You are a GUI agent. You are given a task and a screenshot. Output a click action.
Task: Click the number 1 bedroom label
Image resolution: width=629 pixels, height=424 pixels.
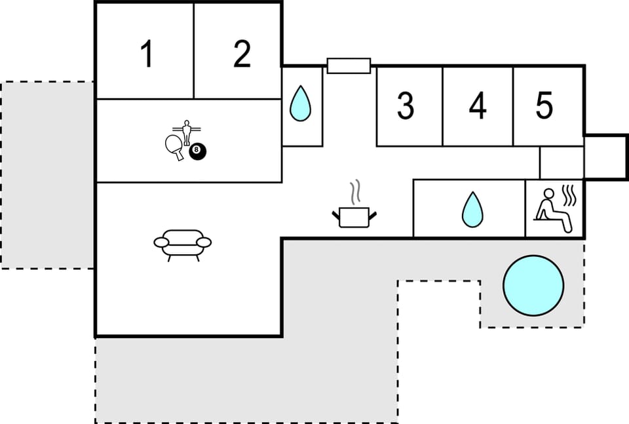click(147, 54)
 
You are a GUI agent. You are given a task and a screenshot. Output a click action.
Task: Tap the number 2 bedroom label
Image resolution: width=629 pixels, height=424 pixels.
click(242, 54)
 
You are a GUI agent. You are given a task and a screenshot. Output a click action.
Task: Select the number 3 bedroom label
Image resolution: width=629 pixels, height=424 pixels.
click(406, 106)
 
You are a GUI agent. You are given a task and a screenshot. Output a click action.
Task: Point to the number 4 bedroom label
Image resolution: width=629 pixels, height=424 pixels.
click(478, 106)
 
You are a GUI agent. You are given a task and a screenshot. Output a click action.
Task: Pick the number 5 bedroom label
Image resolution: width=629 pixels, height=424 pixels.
click(544, 105)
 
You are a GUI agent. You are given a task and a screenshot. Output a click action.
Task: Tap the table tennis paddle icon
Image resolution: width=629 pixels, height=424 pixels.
click(174, 146)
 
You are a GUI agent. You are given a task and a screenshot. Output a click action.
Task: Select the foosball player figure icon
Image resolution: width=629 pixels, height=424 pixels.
click(187, 132)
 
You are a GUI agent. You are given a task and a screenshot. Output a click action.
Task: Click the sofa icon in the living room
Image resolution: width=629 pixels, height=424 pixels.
click(183, 244)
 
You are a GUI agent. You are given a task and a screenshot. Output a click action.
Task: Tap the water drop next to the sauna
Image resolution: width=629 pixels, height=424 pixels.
click(472, 210)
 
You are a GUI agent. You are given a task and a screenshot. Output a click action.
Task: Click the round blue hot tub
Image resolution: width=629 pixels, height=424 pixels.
click(533, 285)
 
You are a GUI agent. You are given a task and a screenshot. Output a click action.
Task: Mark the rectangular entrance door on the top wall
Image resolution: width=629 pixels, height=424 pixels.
click(349, 66)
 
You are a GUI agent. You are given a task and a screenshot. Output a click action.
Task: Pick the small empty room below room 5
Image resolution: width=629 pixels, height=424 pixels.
click(561, 163)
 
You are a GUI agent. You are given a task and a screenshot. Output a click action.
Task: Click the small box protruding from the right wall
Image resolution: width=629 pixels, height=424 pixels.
click(606, 157)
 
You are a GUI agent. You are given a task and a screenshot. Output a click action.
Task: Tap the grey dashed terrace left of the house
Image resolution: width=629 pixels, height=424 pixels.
click(47, 175)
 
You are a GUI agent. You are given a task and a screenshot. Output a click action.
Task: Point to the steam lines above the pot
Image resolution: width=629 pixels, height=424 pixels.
click(355, 191)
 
